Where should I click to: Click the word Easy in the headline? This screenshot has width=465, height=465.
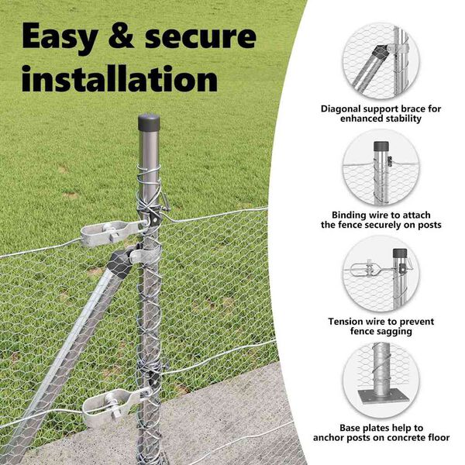pyautogui.click(x=60, y=37)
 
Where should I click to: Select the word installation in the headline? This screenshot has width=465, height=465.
pyautogui.click(x=120, y=77)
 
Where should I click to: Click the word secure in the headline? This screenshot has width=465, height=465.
pyautogui.click(x=201, y=38)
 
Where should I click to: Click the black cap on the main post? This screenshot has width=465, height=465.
pyautogui.click(x=149, y=122)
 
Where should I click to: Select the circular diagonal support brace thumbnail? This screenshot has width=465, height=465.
pyautogui.click(x=381, y=60)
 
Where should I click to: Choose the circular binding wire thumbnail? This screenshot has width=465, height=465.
pyautogui.click(x=381, y=167)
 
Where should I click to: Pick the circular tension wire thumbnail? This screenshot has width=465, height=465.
pyautogui.click(x=381, y=274)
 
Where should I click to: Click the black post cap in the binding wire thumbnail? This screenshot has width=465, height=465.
pyautogui.click(x=381, y=146)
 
